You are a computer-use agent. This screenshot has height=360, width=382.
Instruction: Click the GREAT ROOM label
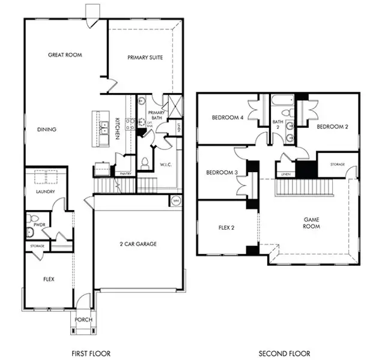(x=65, y=55)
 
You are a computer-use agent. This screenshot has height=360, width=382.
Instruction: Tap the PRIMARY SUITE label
(x=145, y=58)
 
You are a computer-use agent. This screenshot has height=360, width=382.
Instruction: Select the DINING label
(x=47, y=129)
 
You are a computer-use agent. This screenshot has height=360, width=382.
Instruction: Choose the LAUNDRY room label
(x=46, y=192)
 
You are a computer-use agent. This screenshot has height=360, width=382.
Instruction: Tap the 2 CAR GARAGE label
(x=138, y=245)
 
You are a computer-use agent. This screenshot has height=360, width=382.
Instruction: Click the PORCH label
(x=83, y=320)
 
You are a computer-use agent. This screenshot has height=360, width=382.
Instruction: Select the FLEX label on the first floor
(x=49, y=279)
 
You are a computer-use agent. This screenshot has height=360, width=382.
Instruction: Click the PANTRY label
(x=126, y=173)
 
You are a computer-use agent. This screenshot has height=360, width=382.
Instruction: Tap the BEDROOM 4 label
(x=228, y=118)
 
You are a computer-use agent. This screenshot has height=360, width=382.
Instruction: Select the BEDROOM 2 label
(x=332, y=127)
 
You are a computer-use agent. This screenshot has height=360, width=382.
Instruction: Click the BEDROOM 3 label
(x=221, y=173)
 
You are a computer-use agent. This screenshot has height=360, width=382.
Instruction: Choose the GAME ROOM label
(x=311, y=223)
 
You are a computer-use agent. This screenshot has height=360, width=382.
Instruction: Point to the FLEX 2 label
(x=227, y=228)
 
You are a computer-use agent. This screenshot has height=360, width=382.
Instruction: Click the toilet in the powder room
(x=34, y=218)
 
